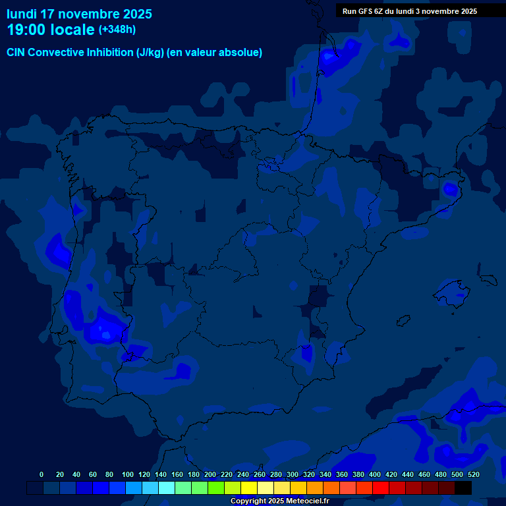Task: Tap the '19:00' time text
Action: point(26,30)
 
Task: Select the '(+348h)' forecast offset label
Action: point(117,30)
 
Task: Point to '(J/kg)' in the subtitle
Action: point(151,53)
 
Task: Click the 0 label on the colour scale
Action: point(42,474)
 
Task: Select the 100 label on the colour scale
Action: point(127,474)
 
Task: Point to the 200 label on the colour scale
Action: point(210,474)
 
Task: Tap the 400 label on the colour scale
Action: point(375,474)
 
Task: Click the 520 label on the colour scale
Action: point(473,474)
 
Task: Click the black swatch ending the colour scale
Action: point(463,488)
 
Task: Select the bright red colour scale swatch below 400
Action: point(381,488)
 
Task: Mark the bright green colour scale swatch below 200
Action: point(216,488)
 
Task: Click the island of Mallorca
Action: point(452,293)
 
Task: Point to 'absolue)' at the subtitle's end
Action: point(243,53)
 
